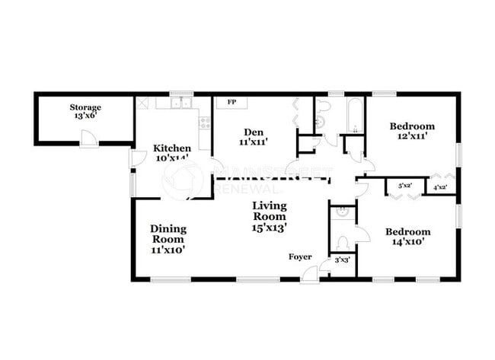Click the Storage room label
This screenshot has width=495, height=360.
coord(85,112)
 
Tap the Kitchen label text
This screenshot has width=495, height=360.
coord(171,153)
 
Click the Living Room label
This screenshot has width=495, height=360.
coord(270,216)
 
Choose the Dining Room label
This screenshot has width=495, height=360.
coord(167,238)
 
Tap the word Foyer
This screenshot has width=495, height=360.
coord(299,256)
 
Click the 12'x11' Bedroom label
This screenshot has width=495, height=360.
coord(412,131)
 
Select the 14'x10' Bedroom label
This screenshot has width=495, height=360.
coord(407,236)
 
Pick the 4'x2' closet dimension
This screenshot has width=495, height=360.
coord(439,186)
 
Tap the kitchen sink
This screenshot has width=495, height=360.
coord(181,104)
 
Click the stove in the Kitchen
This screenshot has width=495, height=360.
coord(204,122)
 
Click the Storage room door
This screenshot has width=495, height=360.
coord(89,139)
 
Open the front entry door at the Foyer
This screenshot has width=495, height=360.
coord(309,274)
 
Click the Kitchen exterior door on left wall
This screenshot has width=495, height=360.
coord(137,158)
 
